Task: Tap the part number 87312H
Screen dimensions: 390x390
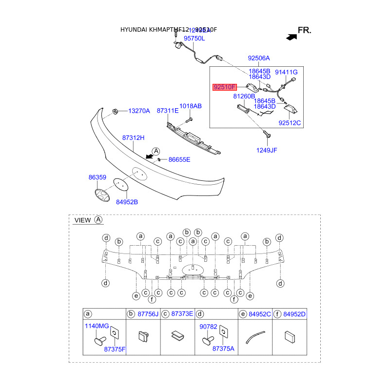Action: [x=134, y=138]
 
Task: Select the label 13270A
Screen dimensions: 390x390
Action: [x=139, y=111]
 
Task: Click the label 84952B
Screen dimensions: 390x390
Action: [x=126, y=201]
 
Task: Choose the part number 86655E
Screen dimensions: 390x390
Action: [x=179, y=159]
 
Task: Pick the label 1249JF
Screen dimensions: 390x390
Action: [x=267, y=150]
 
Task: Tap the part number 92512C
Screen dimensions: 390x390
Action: [x=290, y=123]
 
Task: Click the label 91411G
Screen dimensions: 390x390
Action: [x=286, y=72]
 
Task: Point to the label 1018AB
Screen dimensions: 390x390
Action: [x=190, y=106]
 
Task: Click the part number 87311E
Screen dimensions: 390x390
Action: [x=168, y=111]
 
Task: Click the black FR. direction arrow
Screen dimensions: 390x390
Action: [x=291, y=37]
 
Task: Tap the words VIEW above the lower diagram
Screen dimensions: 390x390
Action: [x=82, y=220]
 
